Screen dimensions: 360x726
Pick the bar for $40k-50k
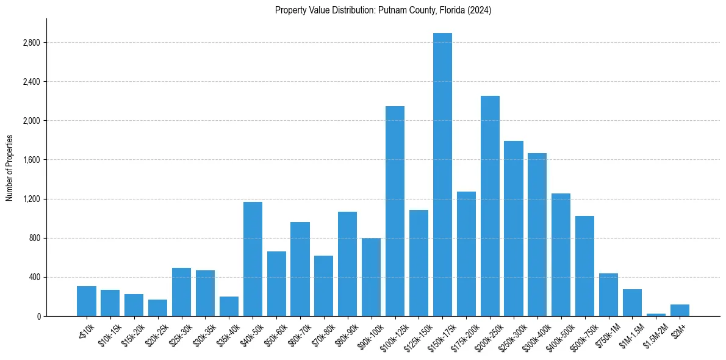(x=253, y=259)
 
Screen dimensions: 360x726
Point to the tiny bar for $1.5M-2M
(x=656, y=315)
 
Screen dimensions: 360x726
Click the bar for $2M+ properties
(x=680, y=311)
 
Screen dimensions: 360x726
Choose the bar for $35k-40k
(x=229, y=307)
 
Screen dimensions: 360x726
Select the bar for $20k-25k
(x=157, y=308)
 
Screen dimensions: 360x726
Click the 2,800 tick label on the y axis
(x=31, y=43)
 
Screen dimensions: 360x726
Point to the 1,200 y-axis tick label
(x=31, y=199)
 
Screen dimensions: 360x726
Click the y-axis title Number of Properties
(x=9, y=168)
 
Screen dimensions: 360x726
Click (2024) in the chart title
(x=479, y=10)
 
